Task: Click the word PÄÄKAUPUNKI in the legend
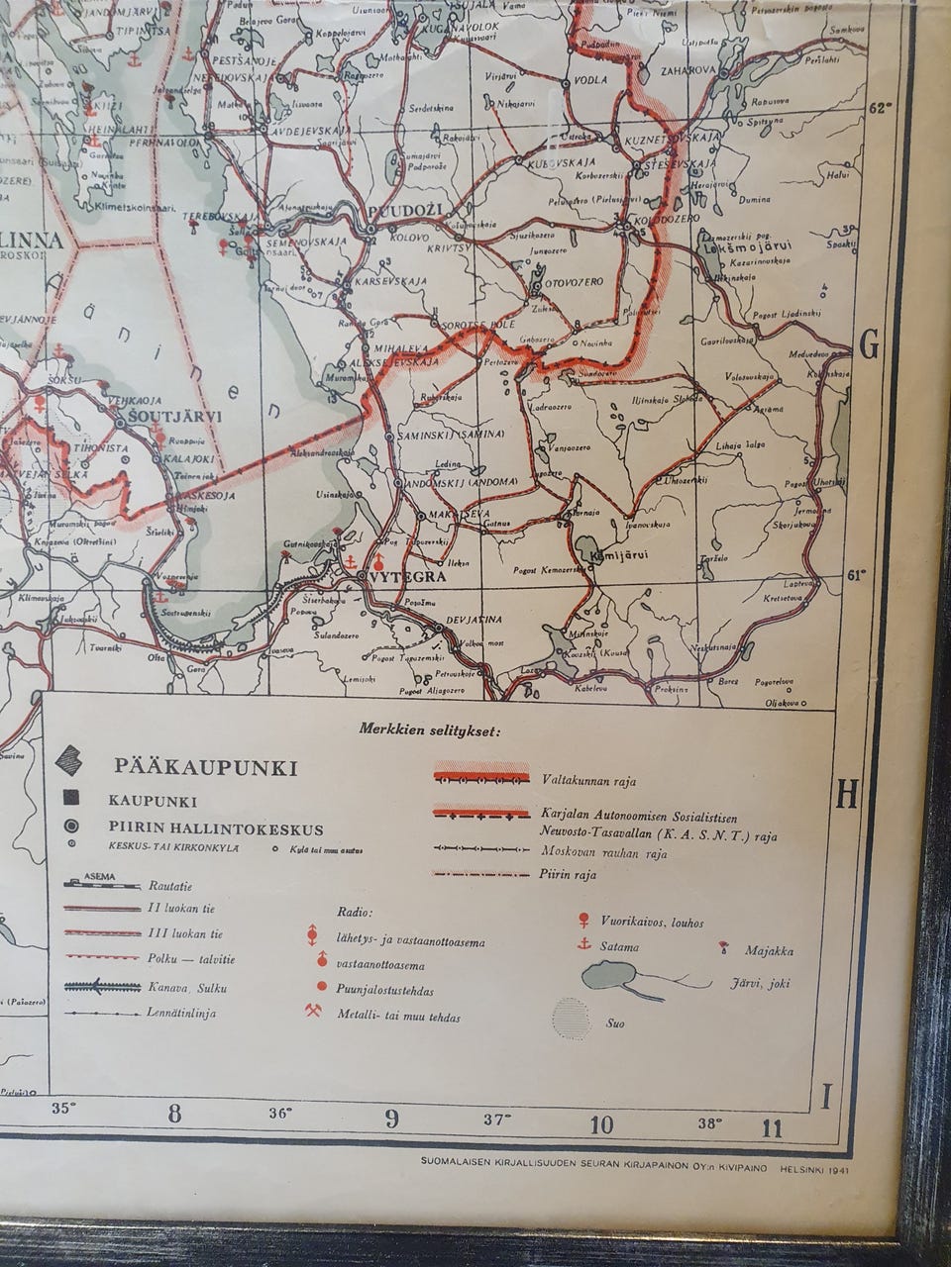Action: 206,767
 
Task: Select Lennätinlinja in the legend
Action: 182,1013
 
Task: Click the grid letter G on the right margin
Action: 869,346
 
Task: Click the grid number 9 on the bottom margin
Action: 392,1120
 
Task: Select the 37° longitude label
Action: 497,1120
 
